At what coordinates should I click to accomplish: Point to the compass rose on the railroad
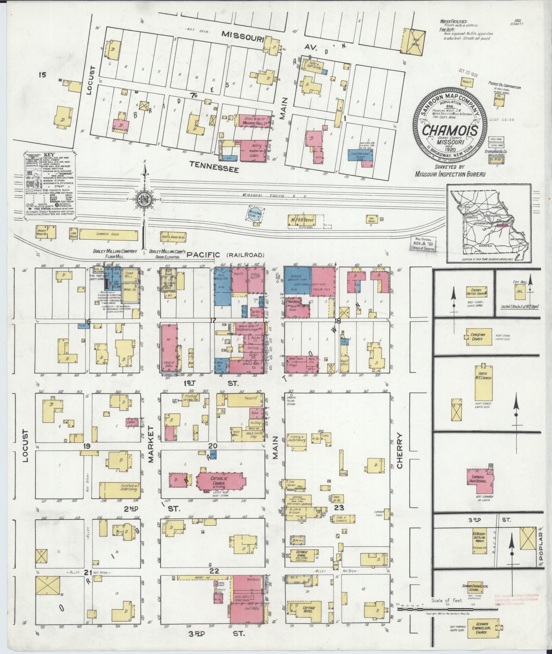[145, 200]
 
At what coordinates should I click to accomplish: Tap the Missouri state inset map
[489, 223]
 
